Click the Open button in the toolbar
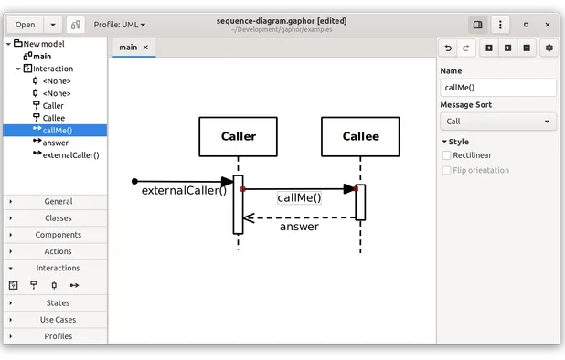pyautogui.click(x=25, y=25)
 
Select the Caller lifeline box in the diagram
pyautogui.click(x=238, y=137)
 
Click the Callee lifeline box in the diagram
pyautogui.click(x=360, y=137)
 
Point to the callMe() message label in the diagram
pyautogui.click(x=300, y=197)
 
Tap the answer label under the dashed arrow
pyautogui.click(x=299, y=227)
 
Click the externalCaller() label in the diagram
pyautogui.click(x=184, y=191)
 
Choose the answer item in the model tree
pyautogui.click(x=55, y=143)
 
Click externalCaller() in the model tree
pyautogui.click(x=70, y=154)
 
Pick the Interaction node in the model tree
pyautogui.click(x=53, y=69)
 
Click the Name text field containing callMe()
pyautogui.click(x=497, y=88)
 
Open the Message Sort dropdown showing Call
pyautogui.click(x=497, y=122)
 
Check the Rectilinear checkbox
pyautogui.click(x=447, y=155)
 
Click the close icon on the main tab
pyautogui.click(x=145, y=47)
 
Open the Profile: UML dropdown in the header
pyautogui.click(x=120, y=25)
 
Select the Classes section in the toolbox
pyautogui.click(x=58, y=218)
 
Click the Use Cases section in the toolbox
pyautogui.click(x=58, y=320)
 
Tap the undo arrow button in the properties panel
pyautogui.click(x=448, y=48)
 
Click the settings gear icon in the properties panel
pyautogui.click(x=549, y=48)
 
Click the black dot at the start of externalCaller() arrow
pyautogui.click(x=134, y=181)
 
